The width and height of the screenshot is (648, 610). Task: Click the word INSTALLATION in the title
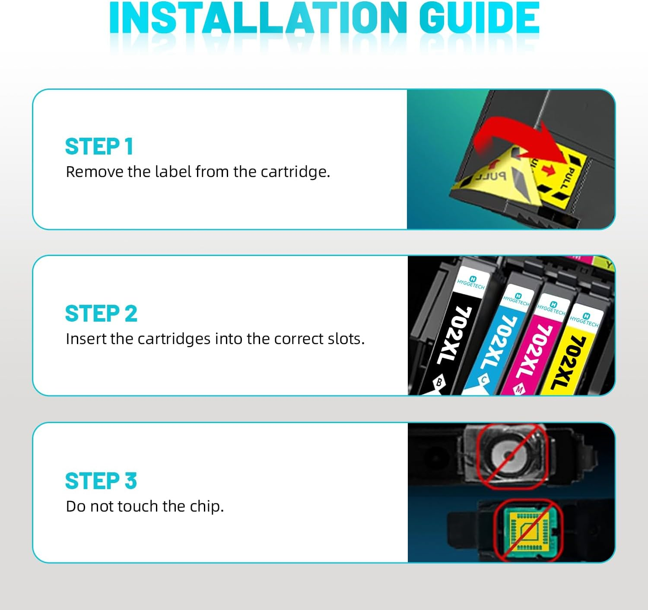[x=258, y=18]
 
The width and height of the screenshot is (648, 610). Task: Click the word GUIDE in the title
[x=480, y=18]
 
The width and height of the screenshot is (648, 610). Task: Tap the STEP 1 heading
[x=99, y=146]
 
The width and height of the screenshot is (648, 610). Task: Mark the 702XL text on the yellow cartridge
[x=569, y=363]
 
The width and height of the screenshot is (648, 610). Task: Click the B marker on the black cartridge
[x=439, y=382]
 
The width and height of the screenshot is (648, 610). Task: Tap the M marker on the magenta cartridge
[x=519, y=389]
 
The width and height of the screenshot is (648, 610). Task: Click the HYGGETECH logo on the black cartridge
[x=471, y=282]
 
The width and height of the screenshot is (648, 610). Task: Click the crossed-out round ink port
[x=508, y=455]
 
